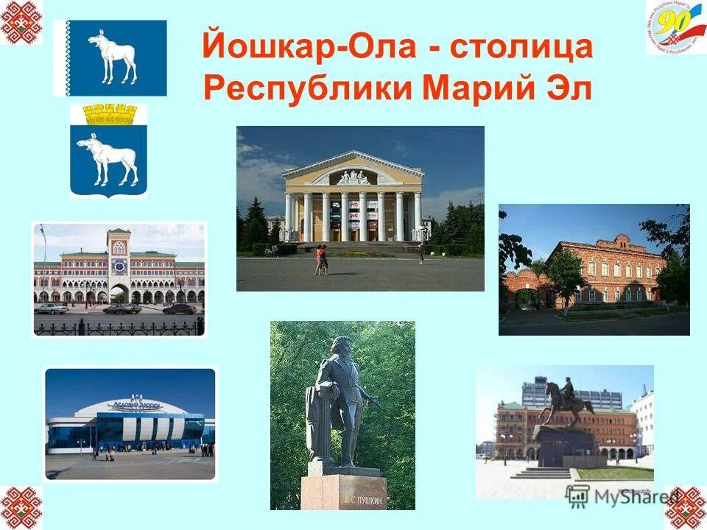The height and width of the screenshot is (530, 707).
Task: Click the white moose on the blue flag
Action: tap(113, 57)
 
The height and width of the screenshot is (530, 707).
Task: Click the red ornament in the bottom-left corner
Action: tap(21, 507)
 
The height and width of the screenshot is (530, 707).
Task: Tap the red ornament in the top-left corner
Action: tap(21, 21)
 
